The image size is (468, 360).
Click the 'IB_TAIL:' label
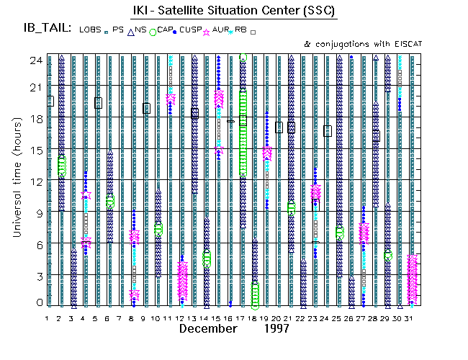click(x=47, y=29)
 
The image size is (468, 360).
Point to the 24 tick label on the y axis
click(x=34, y=60)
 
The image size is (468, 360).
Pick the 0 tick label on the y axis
click(x=37, y=303)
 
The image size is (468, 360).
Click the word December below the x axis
click(x=208, y=328)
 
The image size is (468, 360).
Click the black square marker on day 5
click(x=98, y=103)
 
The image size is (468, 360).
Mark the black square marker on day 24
click(x=328, y=130)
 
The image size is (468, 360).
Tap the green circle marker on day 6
click(x=110, y=202)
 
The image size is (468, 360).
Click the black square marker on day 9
click(x=146, y=108)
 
